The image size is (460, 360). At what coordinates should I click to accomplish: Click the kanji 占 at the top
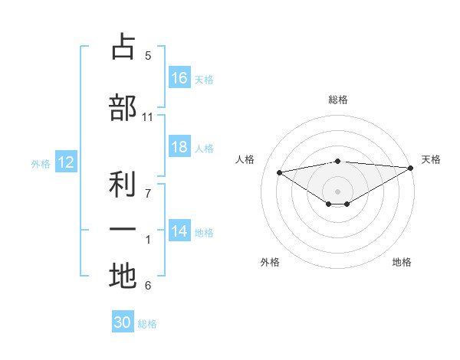tap(123, 47)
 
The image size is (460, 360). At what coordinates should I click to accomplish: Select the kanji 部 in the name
tap(123, 108)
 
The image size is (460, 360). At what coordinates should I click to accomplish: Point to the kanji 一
tap(123, 231)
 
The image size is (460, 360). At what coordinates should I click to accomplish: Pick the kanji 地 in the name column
tap(123, 277)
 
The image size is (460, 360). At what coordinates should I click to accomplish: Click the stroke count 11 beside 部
tap(147, 117)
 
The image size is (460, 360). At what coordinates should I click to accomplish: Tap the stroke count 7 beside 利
tap(148, 186)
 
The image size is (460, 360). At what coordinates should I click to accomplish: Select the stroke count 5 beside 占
tap(148, 56)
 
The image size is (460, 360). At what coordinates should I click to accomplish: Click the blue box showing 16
tap(179, 78)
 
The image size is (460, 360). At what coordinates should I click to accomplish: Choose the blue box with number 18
tap(179, 147)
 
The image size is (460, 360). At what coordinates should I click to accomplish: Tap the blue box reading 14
tap(179, 231)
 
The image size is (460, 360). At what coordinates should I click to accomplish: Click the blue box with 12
tap(65, 162)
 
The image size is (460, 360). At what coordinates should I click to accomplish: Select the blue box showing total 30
tap(123, 323)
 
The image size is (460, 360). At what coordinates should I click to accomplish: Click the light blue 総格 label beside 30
tap(147, 324)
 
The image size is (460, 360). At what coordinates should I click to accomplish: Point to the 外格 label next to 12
tap(41, 163)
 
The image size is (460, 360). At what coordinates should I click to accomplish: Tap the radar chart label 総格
tap(337, 100)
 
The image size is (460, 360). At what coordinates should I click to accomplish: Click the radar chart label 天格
tap(431, 159)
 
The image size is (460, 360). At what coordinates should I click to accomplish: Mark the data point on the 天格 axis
tap(411, 167)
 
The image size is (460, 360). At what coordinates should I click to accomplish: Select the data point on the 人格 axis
tap(279, 172)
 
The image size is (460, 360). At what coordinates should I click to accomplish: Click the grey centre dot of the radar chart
tap(337, 191)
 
